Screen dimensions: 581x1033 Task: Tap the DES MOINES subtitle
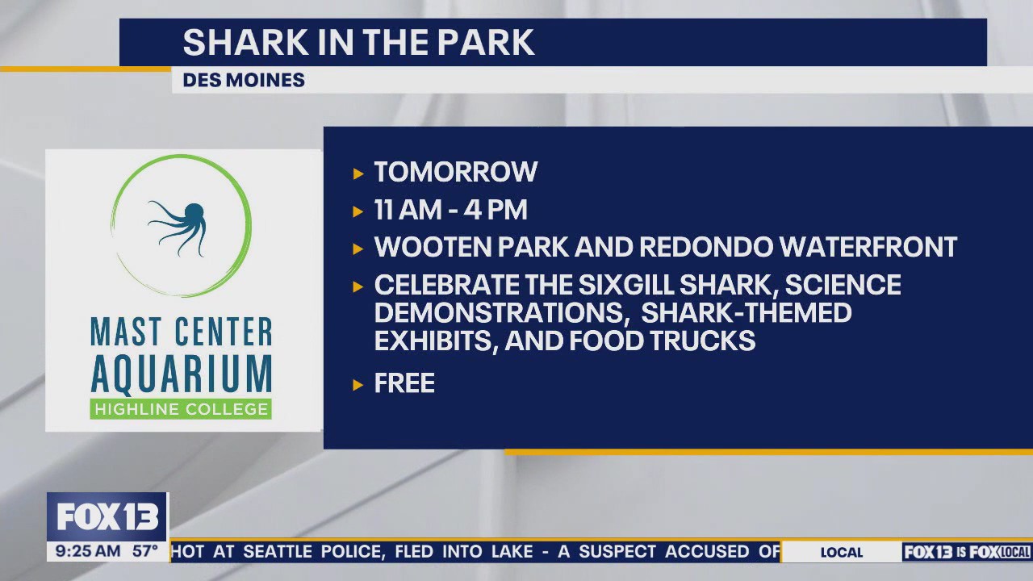click(244, 80)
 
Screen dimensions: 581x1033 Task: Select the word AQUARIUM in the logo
click(181, 374)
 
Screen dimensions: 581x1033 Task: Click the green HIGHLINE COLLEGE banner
click(181, 409)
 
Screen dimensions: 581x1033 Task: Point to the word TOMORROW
click(455, 172)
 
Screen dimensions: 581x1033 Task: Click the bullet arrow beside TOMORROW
click(359, 173)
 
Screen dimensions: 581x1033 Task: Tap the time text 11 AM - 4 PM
click(450, 210)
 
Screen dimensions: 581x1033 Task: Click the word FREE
click(404, 382)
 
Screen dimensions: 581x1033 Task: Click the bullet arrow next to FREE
click(359, 384)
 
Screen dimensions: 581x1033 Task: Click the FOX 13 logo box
click(107, 516)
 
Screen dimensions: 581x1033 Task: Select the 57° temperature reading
click(146, 552)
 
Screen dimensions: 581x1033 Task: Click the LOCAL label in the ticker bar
click(841, 553)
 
